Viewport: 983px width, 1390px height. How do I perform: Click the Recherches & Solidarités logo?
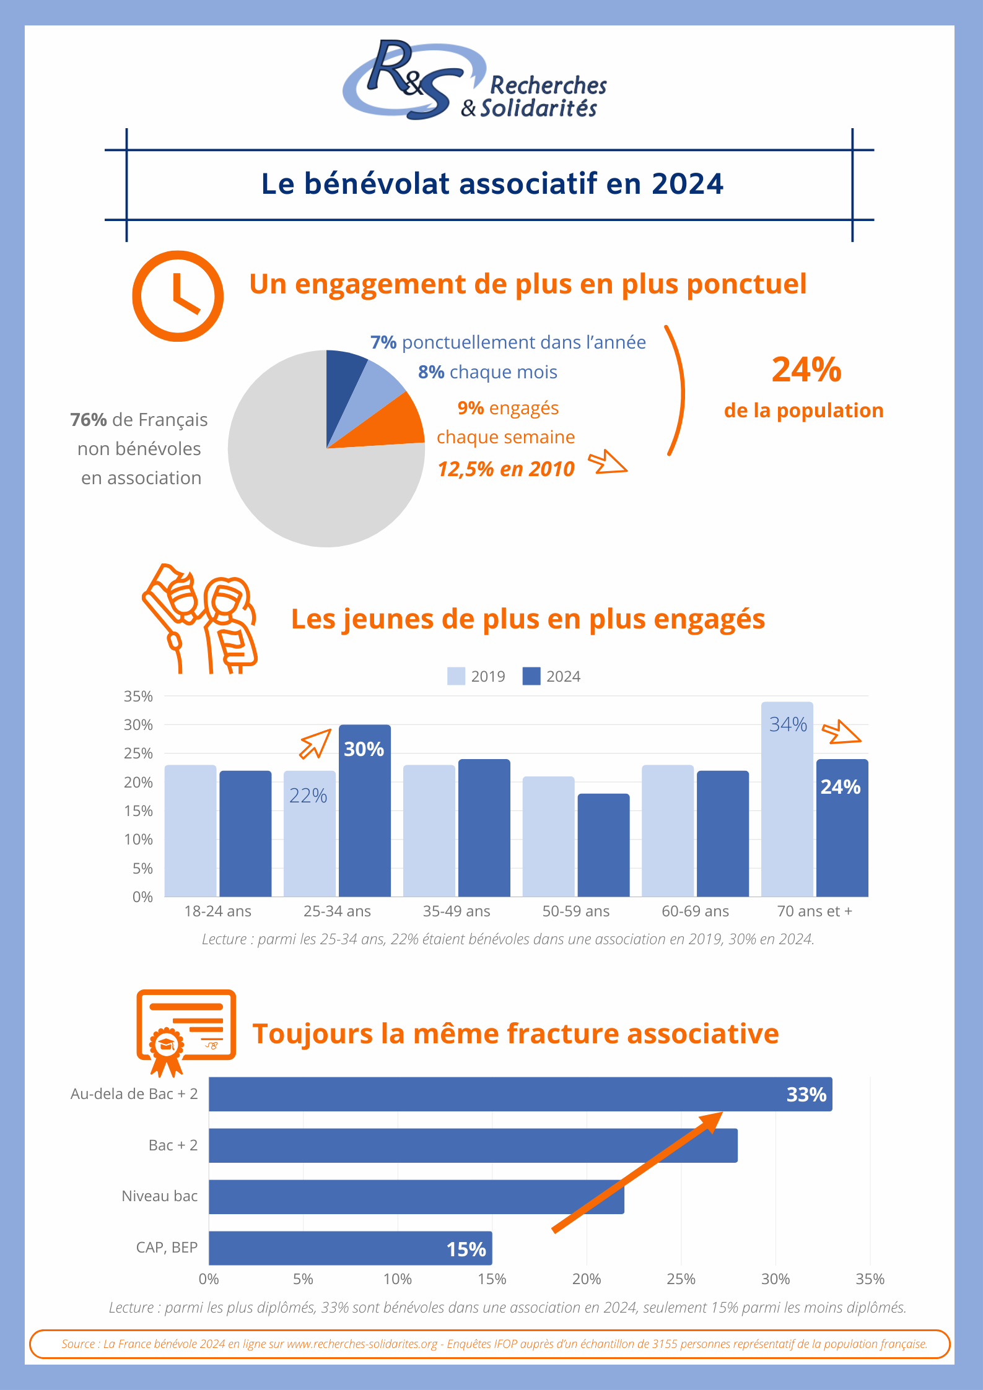point(474,80)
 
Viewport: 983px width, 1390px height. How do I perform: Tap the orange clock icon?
point(178,296)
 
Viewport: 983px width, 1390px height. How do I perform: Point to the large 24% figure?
point(806,370)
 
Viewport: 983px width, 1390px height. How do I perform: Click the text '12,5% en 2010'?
point(506,469)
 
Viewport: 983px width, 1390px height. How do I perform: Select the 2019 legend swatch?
point(456,676)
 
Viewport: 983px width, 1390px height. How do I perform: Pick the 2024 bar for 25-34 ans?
point(364,817)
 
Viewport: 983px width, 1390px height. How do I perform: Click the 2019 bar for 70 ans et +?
point(787,805)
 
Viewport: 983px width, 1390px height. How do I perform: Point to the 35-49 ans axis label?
point(457,911)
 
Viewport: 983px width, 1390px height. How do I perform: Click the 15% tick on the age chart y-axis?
point(139,811)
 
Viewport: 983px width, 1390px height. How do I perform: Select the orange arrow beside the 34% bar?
point(841,732)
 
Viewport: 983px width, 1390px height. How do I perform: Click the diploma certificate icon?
point(185,1030)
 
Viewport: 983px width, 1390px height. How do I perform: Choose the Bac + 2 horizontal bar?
point(473,1145)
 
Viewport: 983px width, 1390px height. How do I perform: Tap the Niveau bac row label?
point(159,1196)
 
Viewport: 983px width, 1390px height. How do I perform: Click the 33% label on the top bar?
point(806,1095)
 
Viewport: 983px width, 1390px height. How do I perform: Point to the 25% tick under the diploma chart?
point(681,1279)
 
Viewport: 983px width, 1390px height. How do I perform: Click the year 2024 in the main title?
point(687,184)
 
